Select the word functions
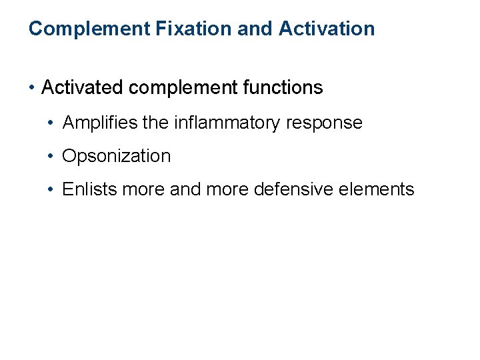pos(287,87)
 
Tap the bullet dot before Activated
pos(32,88)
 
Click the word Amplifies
pos(101,123)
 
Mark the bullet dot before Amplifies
pos(51,123)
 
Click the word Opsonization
pos(117,157)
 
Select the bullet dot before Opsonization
pos(51,157)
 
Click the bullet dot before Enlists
pos(51,190)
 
